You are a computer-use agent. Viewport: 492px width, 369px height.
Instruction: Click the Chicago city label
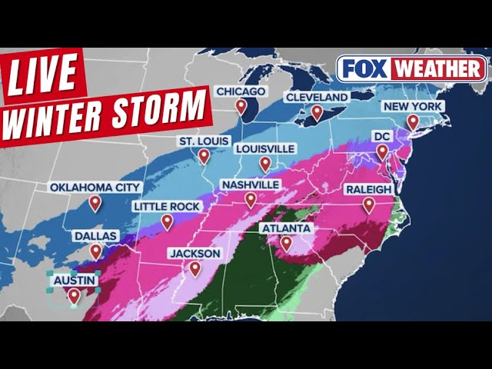coord(241,91)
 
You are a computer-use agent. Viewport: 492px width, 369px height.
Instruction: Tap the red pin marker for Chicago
coord(241,107)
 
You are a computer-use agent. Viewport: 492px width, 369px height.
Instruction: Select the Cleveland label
coord(317,97)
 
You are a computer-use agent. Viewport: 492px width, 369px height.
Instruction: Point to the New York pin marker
coord(413,121)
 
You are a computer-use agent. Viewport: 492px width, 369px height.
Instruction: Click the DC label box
coord(381,135)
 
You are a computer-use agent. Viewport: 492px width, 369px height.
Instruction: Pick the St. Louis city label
coord(204,141)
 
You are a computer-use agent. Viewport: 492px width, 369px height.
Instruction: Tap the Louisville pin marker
coord(265,163)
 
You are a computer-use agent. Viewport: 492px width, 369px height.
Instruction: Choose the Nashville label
coord(250,185)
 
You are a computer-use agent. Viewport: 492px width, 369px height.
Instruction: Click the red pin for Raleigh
coord(369,204)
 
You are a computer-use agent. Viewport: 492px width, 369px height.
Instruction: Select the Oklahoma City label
coord(95,187)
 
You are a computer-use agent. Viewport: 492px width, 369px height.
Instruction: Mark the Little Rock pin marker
coord(167,221)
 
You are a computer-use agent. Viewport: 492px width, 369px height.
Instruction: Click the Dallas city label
coord(96,236)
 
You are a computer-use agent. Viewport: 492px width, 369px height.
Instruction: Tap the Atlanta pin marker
coord(286,243)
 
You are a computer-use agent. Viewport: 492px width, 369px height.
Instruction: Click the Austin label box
coord(74,281)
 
